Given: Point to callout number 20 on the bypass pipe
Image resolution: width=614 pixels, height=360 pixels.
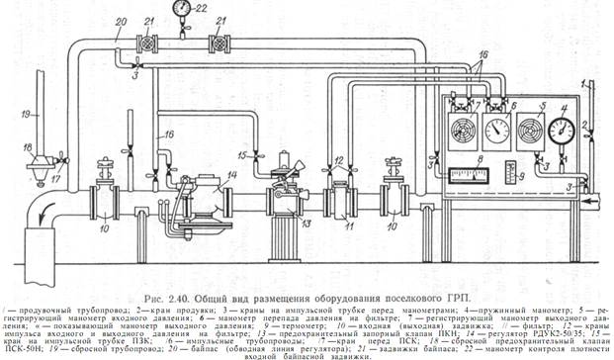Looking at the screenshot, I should (x=121, y=22).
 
